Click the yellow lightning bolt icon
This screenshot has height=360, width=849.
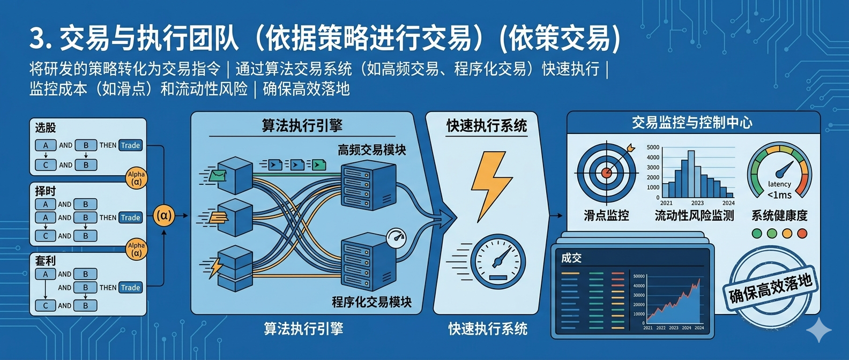(x=490, y=185)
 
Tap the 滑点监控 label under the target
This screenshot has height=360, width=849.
(x=606, y=215)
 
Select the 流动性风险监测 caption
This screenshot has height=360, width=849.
(x=694, y=215)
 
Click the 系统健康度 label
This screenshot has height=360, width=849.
(x=779, y=215)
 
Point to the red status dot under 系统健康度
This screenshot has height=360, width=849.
(x=802, y=233)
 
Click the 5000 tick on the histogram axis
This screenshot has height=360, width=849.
(x=653, y=147)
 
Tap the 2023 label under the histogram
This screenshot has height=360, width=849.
(x=697, y=203)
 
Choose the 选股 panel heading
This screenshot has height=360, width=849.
(x=46, y=127)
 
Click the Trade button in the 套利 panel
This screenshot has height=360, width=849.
(x=130, y=288)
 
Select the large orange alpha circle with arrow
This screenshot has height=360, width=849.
(x=163, y=216)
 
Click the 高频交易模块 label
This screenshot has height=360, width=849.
(x=371, y=150)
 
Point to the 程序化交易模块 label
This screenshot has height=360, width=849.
(x=371, y=302)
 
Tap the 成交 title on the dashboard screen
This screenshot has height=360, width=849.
(x=571, y=258)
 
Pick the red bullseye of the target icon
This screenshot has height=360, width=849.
(x=606, y=172)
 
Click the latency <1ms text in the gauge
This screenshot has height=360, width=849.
(x=779, y=190)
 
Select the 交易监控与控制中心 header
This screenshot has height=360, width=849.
(x=692, y=123)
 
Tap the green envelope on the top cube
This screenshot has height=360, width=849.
(x=218, y=175)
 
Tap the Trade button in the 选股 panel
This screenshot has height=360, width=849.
(x=130, y=145)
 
